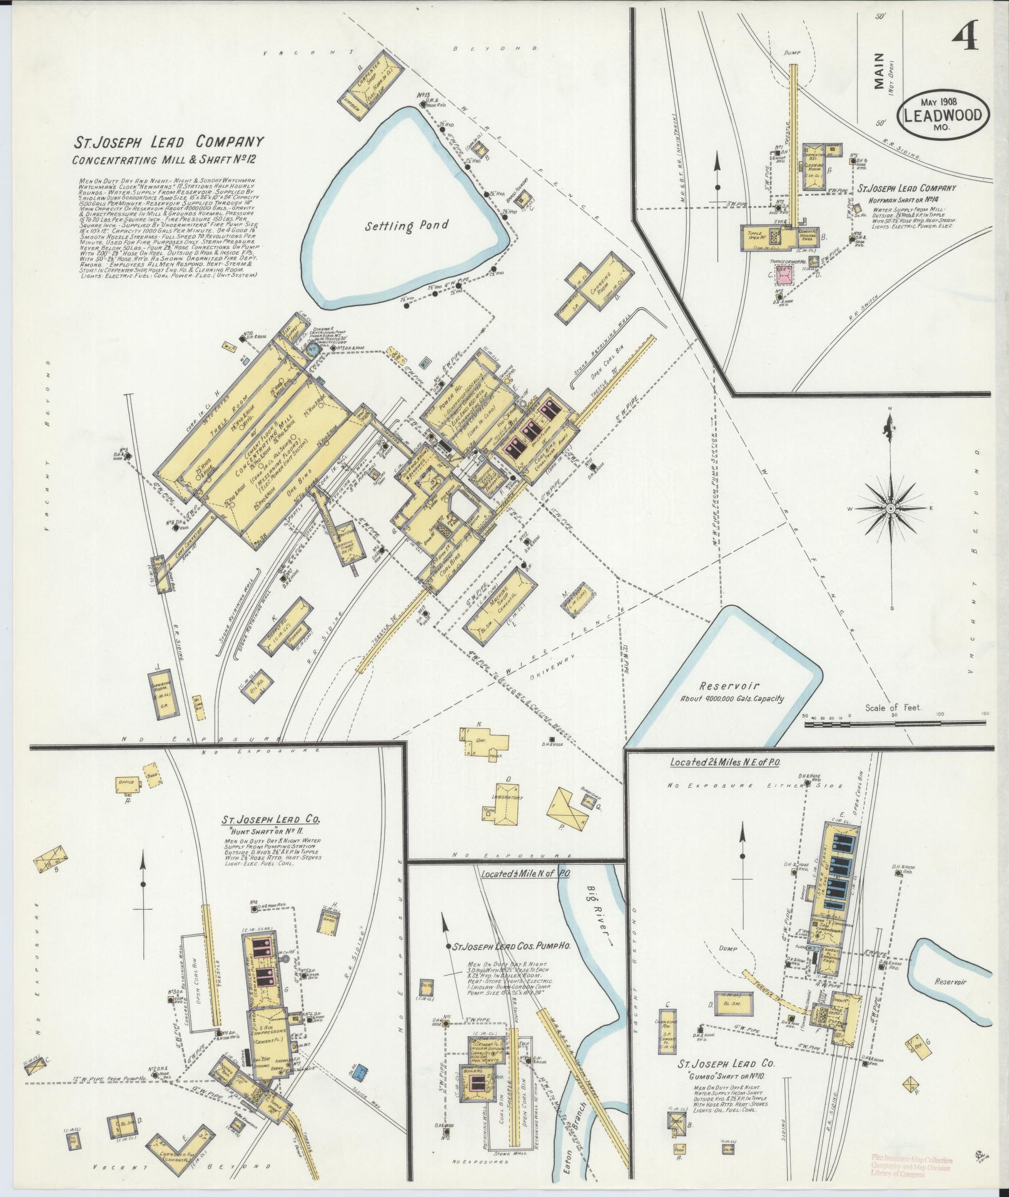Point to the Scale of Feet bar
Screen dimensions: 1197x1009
pos(895,724)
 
